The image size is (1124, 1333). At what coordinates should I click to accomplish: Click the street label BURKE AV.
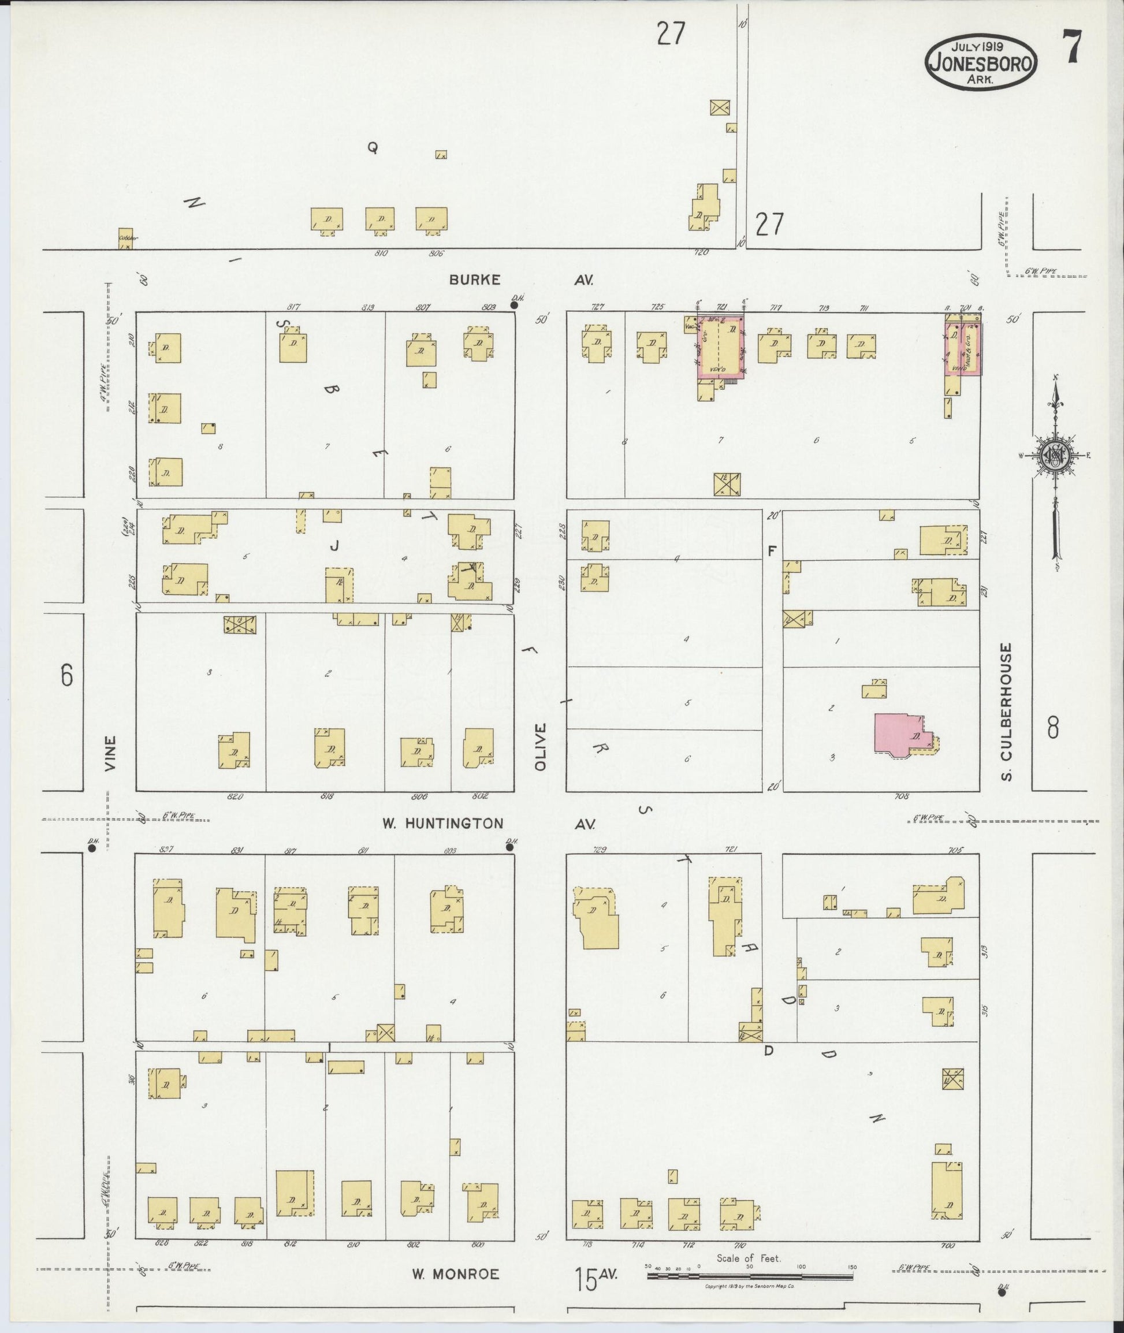click(475, 279)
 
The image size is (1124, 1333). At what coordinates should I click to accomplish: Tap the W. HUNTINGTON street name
click(442, 823)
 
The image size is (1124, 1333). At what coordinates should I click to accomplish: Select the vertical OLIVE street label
click(541, 747)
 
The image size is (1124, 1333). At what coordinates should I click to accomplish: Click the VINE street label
click(111, 754)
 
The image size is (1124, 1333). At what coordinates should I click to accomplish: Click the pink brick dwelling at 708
click(898, 736)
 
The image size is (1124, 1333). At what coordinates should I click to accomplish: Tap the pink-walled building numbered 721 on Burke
click(721, 347)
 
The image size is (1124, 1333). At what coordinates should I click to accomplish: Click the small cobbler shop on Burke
click(126, 239)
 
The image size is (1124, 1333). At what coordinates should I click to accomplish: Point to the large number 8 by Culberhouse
click(1052, 728)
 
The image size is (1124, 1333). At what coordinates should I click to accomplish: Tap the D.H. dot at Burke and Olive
click(515, 305)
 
